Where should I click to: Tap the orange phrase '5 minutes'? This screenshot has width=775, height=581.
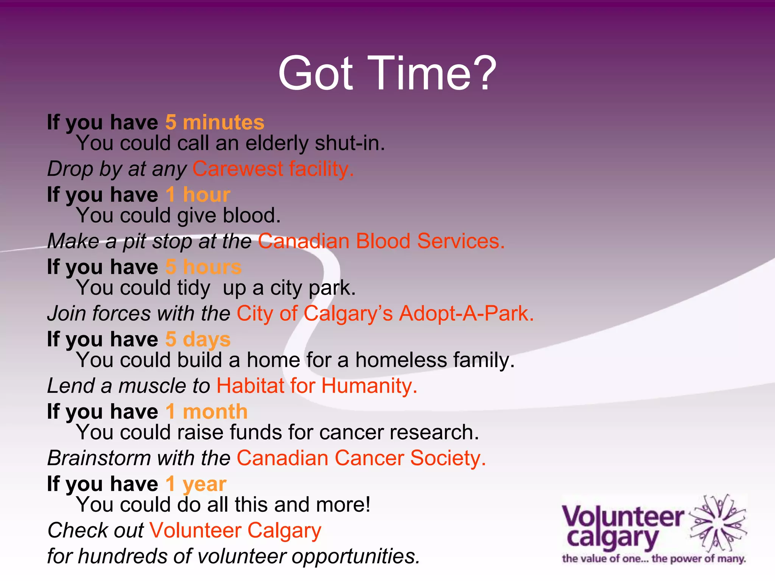click(x=215, y=123)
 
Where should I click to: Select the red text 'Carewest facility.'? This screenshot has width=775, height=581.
click(x=273, y=169)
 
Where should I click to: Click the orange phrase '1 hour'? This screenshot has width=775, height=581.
click(x=198, y=195)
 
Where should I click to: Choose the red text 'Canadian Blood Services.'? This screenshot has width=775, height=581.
click(x=381, y=241)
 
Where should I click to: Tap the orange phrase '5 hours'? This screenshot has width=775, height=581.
click(x=203, y=267)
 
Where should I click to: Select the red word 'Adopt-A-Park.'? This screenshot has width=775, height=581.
click(x=466, y=314)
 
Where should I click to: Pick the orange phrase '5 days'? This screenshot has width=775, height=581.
click(x=198, y=339)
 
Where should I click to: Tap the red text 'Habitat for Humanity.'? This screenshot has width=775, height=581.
click(x=317, y=386)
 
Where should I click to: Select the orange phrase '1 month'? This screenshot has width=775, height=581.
click(x=207, y=412)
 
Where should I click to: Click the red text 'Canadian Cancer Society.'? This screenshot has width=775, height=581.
click(x=361, y=458)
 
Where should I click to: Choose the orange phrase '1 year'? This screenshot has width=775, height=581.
click(x=196, y=484)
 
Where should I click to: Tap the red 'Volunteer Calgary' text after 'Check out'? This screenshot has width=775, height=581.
click(x=235, y=530)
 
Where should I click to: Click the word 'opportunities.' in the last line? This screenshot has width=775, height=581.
click(x=356, y=556)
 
